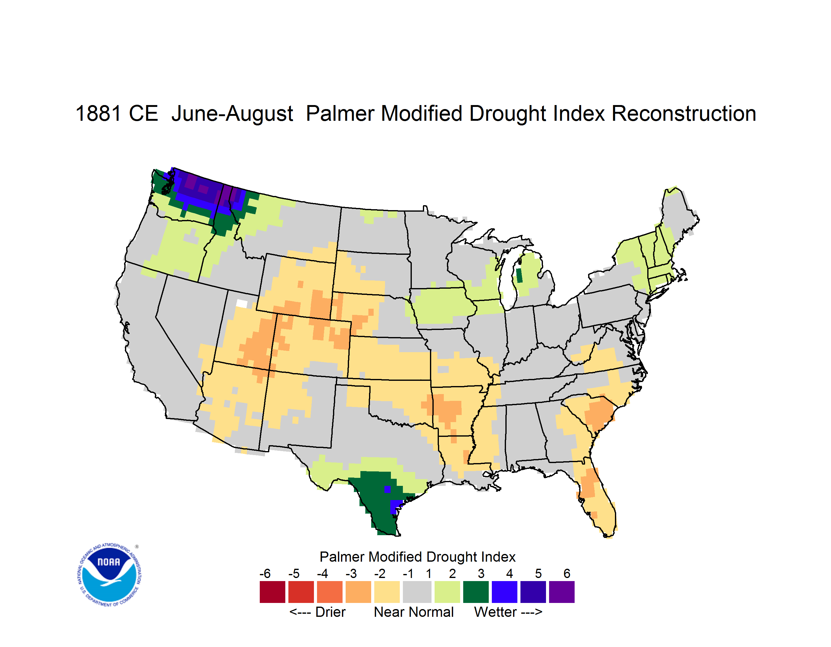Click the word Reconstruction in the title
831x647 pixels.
pyautogui.click(x=684, y=113)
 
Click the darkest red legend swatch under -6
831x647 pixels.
pyautogui.click(x=272, y=592)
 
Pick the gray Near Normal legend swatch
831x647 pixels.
pyautogui.click(x=417, y=592)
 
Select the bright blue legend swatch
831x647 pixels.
pyautogui.click(x=504, y=592)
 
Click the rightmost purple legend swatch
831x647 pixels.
pyautogui.click(x=562, y=592)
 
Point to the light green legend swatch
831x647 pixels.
pyautogui.click(x=447, y=592)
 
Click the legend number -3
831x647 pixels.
pyautogui.click(x=351, y=573)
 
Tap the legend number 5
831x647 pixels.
pyautogui.click(x=538, y=573)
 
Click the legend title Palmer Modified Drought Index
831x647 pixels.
pyautogui.click(x=417, y=557)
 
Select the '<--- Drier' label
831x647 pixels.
pyautogui.click(x=317, y=612)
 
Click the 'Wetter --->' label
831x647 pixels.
pyautogui.click(x=508, y=612)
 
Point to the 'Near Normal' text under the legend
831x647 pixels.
pyautogui.click(x=414, y=612)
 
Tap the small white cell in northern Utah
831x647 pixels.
pyautogui.click(x=242, y=303)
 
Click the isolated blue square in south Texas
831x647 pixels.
pyautogui.click(x=387, y=489)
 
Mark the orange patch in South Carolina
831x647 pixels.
pyautogui.click(x=599, y=414)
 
